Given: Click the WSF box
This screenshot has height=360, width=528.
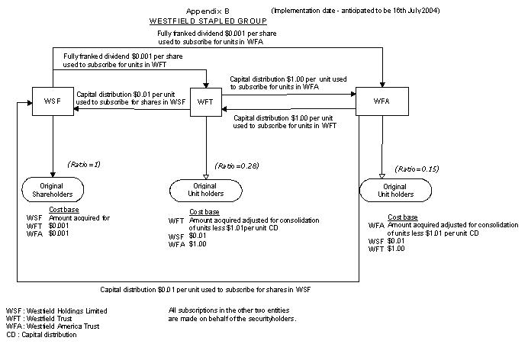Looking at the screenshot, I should point(52,101).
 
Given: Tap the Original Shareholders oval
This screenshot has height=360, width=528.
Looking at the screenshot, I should point(52,189).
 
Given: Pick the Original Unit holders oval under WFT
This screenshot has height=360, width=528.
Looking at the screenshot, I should point(204,189).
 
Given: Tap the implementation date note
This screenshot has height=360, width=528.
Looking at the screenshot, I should point(356,11).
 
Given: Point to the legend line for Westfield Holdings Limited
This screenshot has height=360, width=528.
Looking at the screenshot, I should point(56,311).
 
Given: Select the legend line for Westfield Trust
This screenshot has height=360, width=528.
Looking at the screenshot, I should point(43,319).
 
